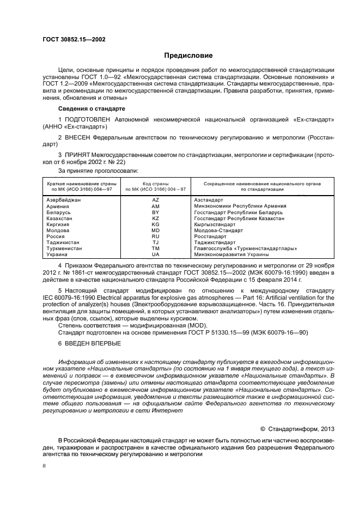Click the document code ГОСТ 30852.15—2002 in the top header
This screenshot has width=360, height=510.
pos(74,40)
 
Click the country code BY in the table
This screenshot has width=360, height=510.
pos(155,212)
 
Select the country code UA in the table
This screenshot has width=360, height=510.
pos(155,254)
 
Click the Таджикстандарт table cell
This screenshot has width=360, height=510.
pos(215,242)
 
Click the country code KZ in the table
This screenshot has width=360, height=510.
pos(155,218)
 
